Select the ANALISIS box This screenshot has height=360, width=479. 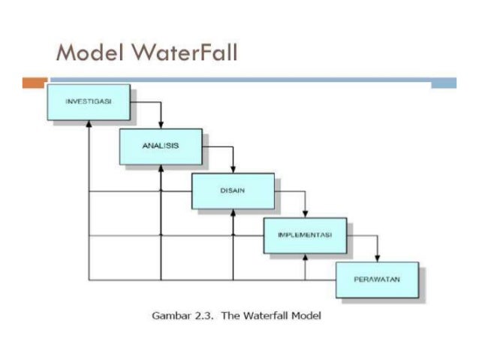click(159, 146)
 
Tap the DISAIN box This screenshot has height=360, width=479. click(232, 190)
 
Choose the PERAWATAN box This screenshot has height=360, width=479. click(376, 280)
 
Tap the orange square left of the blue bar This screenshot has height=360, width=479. click(35, 82)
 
